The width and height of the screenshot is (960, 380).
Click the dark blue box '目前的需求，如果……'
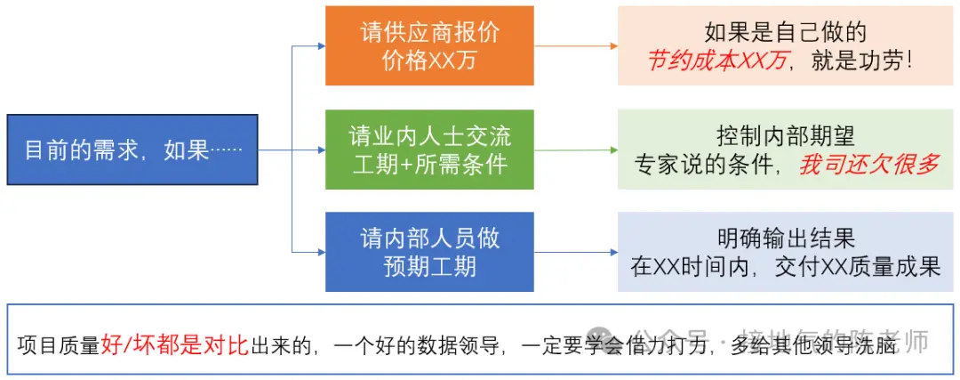132,150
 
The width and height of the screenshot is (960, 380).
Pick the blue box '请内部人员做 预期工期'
429,252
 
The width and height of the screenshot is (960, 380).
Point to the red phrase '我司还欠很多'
868,165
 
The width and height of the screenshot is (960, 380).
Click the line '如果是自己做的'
785,33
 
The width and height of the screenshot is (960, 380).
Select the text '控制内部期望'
785,136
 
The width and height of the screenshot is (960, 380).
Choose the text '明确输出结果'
785,239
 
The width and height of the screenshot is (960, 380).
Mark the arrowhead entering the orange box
320,45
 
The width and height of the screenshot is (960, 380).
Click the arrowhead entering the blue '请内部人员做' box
320,252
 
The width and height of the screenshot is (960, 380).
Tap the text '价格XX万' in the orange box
429,61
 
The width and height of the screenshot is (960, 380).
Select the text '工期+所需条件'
429,165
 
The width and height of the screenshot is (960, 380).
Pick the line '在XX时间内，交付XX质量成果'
785,266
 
